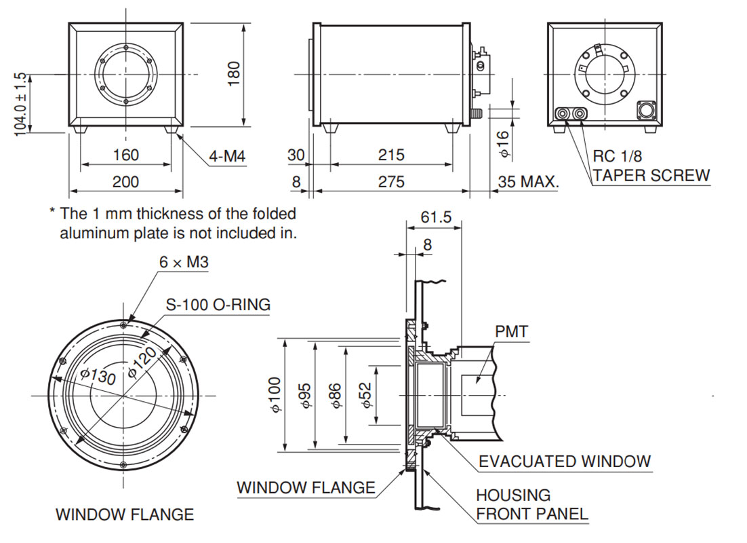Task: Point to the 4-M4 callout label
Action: [x=227, y=157]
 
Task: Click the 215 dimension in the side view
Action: [x=391, y=155]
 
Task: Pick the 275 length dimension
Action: [x=391, y=181]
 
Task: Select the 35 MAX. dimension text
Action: [x=528, y=182]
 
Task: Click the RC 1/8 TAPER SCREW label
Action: [x=651, y=166]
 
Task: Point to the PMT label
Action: [x=512, y=332]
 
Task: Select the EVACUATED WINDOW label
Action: [x=565, y=462]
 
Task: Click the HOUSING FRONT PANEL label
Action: [x=531, y=504]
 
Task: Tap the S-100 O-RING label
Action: [x=218, y=305]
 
